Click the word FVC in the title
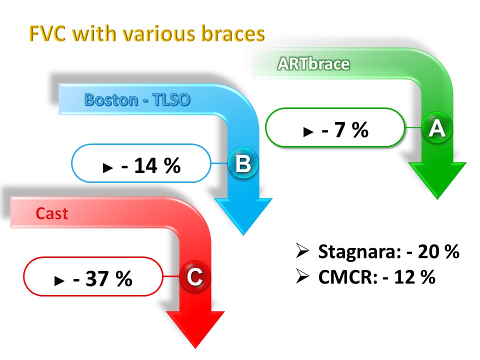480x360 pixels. pyautogui.click(x=47, y=33)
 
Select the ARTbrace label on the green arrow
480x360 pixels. pyautogui.click(x=313, y=64)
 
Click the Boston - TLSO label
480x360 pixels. pyautogui.click(x=137, y=100)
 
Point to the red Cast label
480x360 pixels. pyautogui.click(x=51, y=213)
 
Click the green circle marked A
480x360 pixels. pyautogui.click(x=437, y=127)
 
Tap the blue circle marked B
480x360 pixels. pyautogui.click(x=243, y=163)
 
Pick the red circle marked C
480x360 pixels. pyautogui.click(x=195, y=276)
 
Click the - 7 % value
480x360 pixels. pyautogui.click(x=345, y=130)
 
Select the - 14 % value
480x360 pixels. pyautogui.click(x=151, y=165)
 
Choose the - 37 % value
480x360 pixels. pyautogui.click(x=103, y=278)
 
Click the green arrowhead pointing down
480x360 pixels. pyautogui.click(x=437, y=180)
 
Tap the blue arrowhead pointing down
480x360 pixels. pyautogui.click(x=243, y=216)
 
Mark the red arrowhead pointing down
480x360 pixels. pyautogui.click(x=195, y=329)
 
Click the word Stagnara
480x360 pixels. pyautogui.click(x=359, y=252)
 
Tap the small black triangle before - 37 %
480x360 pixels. pyautogui.click(x=59, y=280)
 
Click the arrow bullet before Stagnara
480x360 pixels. pyautogui.click(x=302, y=250)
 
